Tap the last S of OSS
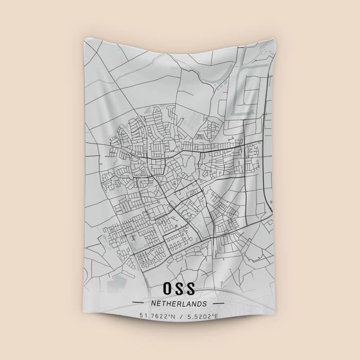point(192,288)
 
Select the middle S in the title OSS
point(180,288)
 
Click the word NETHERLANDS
point(180,304)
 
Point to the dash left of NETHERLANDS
point(140,304)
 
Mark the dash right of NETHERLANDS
point(218,304)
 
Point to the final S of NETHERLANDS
point(205,304)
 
